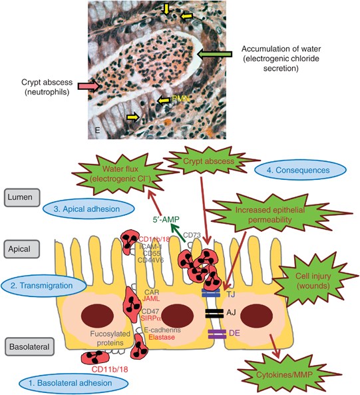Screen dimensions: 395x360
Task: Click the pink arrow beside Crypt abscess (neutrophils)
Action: pos(89,85)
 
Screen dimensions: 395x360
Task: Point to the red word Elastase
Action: pos(162,338)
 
